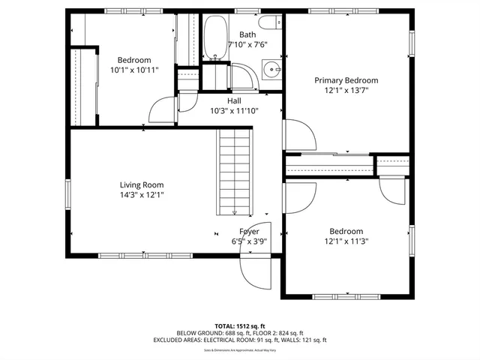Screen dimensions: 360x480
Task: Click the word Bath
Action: coord(247,34)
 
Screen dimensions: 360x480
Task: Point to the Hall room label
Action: coord(234,100)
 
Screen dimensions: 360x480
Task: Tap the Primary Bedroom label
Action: coord(346,80)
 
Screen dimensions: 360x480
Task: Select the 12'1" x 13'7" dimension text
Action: coord(346,90)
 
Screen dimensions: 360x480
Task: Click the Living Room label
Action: coord(142,184)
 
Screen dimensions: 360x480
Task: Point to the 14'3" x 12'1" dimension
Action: coord(142,194)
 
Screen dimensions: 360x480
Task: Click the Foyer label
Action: coord(249,232)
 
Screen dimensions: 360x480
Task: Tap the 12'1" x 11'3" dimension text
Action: coord(346,241)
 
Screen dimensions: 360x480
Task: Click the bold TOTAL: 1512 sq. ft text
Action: coord(239,326)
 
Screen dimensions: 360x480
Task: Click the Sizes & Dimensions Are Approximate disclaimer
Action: coord(239,350)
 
